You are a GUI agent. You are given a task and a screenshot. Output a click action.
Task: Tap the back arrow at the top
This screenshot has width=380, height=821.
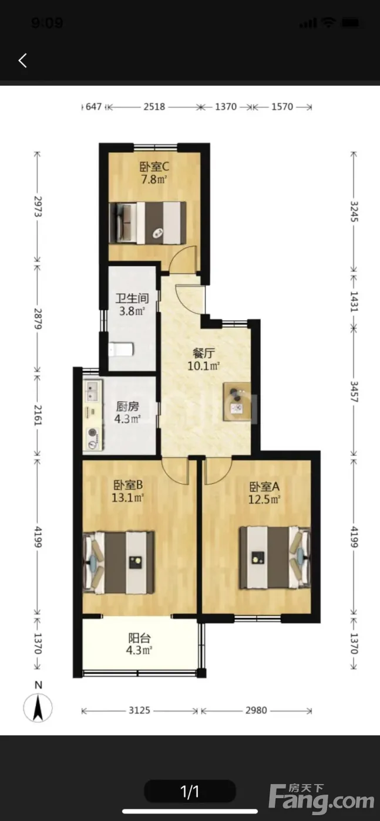(x=23, y=60)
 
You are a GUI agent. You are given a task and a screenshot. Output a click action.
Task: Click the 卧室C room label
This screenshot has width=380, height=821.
(x=154, y=167)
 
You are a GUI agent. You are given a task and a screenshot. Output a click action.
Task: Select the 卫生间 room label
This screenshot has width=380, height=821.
(x=132, y=298)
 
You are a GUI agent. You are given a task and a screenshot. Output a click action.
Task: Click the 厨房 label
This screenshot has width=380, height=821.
(x=128, y=406)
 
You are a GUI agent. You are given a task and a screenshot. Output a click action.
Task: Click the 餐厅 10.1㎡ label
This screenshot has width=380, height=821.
(x=204, y=359)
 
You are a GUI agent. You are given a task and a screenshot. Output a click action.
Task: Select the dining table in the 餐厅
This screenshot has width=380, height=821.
(x=237, y=401)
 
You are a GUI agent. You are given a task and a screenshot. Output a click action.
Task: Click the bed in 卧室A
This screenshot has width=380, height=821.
(x=275, y=558)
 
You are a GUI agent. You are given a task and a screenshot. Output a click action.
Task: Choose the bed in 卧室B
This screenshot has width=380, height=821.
(x=118, y=562)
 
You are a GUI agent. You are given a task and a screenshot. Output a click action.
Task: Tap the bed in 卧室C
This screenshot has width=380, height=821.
(x=147, y=222)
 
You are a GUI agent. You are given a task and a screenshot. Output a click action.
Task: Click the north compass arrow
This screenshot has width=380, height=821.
(x=38, y=708)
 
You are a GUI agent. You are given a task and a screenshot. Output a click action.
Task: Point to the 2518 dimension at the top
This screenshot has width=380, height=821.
(x=154, y=107)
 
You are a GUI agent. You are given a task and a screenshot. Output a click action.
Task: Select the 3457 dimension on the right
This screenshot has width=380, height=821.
(x=354, y=392)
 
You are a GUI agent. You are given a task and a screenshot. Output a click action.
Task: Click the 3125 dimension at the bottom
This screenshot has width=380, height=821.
(x=139, y=710)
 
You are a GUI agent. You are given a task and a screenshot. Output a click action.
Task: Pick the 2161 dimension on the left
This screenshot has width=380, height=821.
(x=38, y=415)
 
